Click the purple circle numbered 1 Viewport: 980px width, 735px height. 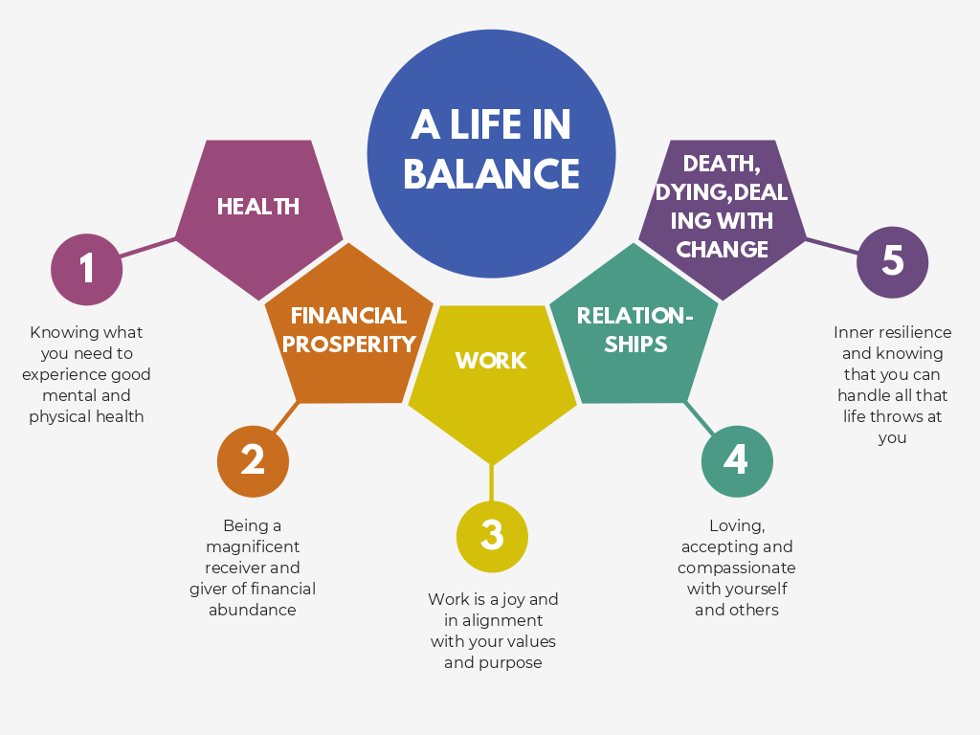coord(87,269)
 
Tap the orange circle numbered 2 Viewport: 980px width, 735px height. coord(253,460)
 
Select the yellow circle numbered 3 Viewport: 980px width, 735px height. coord(492,535)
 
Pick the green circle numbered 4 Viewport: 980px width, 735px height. coord(736,460)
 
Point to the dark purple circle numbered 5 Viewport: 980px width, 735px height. coord(892,261)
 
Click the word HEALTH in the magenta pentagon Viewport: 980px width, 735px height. coord(257,207)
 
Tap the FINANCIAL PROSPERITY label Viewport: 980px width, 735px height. coord(348,329)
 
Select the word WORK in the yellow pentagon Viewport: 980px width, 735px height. coord(491,361)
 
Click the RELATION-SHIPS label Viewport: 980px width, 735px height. coord(635,329)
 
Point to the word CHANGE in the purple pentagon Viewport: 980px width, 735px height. coord(723,250)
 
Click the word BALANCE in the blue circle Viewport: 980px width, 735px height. coord(491,174)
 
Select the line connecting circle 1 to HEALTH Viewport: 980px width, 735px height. coord(148,248)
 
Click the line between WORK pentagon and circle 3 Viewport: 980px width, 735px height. coord(492,481)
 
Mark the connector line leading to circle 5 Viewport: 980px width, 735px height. coord(832,246)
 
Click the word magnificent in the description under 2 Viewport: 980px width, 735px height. coord(253,546)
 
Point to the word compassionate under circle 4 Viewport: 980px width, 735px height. coord(736,568)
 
